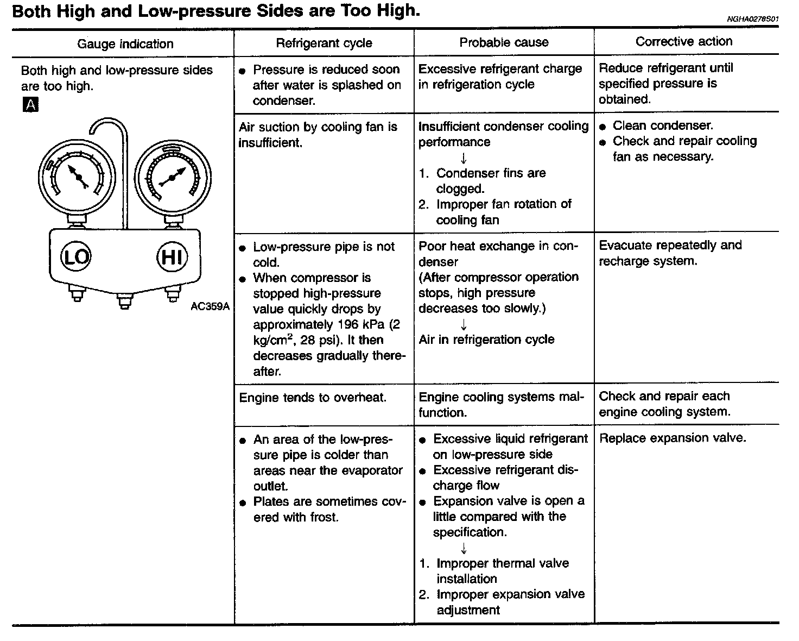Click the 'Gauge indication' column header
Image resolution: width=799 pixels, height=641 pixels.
click(x=125, y=44)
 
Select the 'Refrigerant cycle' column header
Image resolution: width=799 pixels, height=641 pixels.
click(x=324, y=43)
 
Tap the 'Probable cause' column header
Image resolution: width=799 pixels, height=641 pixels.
click(x=504, y=42)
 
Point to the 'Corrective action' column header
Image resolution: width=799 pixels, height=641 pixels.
click(x=683, y=41)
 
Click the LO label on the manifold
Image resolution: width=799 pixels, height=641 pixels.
click(x=76, y=256)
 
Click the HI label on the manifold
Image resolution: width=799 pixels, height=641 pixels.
click(x=172, y=256)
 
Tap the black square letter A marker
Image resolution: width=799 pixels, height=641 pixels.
click(x=30, y=105)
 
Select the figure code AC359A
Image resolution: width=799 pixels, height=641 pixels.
click(x=210, y=306)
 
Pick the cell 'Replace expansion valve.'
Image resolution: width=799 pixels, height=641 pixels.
click(x=673, y=438)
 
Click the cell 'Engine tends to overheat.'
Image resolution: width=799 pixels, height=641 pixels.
click(x=313, y=398)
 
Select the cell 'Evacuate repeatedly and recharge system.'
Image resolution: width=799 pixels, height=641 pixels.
click(x=670, y=253)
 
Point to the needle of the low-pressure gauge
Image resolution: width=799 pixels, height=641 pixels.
click(x=78, y=177)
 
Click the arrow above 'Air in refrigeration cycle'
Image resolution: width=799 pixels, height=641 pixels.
click(x=464, y=324)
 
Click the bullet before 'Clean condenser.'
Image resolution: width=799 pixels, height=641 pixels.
click(x=603, y=126)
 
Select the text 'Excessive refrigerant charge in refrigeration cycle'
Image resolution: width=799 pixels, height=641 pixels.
click(x=499, y=77)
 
